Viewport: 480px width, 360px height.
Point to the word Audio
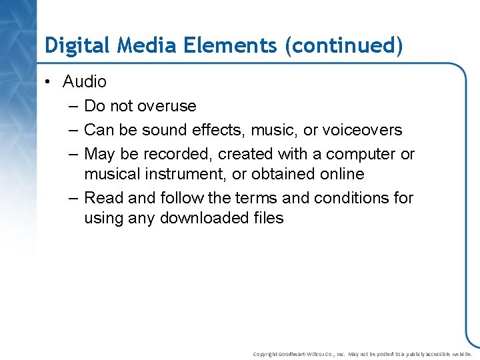click(85, 81)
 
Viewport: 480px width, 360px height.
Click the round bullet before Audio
click(49, 82)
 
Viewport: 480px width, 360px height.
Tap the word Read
click(101, 198)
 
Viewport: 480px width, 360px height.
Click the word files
click(268, 218)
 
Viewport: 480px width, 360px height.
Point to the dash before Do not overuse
click(71, 106)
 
